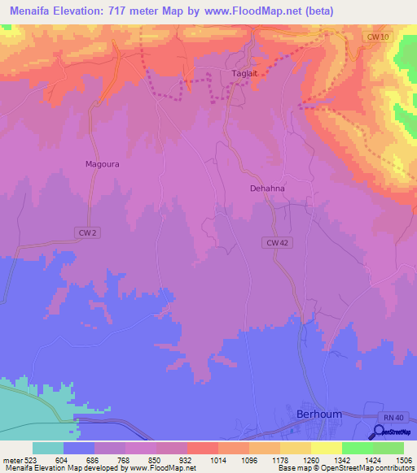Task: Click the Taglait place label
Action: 245,74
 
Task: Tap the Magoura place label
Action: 103,163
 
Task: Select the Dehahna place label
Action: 269,188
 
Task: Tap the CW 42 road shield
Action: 277,242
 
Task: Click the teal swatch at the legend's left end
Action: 48,448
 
